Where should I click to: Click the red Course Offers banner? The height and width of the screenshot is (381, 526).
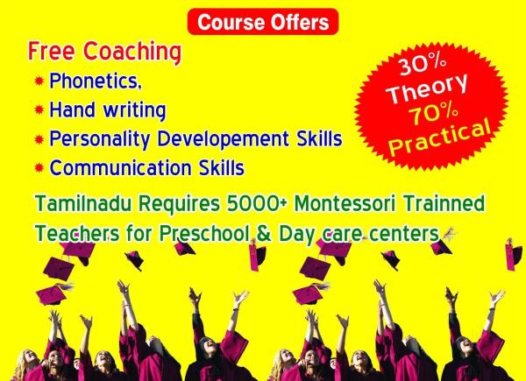[x=263, y=22]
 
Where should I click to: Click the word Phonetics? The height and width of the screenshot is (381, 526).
[x=96, y=81]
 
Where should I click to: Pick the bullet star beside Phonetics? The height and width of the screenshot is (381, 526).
[x=39, y=81]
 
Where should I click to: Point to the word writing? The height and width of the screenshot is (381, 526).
[x=134, y=110]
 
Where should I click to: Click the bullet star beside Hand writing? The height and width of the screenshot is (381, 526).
[x=39, y=109]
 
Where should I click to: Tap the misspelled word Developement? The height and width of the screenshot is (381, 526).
[x=223, y=138]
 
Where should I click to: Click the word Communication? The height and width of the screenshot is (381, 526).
[x=120, y=167]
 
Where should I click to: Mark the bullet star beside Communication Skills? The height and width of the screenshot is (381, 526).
[x=39, y=167]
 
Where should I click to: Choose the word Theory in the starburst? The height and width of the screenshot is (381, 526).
[x=428, y=88]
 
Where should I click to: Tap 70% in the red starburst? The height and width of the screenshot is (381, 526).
[x=433, y=114]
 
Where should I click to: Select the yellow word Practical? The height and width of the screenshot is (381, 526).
[x=439, y=138]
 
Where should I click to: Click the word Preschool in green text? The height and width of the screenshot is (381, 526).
[x=205, y=233]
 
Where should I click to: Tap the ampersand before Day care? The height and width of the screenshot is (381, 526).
[x=265, y=233]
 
